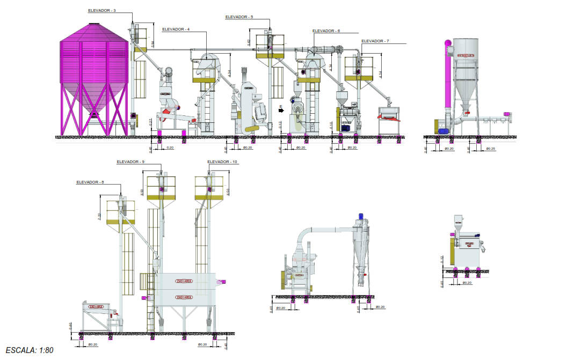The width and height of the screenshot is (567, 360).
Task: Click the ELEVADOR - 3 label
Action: pos(101,10)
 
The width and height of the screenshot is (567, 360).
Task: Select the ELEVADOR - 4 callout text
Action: pos(176,29)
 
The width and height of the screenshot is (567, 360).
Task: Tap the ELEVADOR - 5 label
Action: pos(239,17)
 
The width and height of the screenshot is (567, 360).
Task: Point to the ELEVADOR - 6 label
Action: pos(326,31)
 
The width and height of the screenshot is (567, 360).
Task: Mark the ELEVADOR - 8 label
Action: pos(90,182)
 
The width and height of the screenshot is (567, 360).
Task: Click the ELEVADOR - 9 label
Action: pos(130,161)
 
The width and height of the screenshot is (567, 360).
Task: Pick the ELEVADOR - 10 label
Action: pos(222,161)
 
